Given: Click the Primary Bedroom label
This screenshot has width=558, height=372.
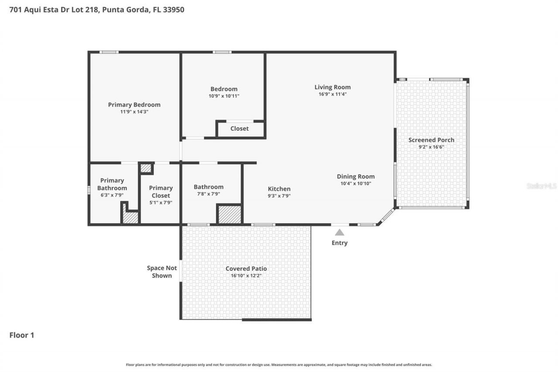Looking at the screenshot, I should pyautogui.click(x=134, y=105).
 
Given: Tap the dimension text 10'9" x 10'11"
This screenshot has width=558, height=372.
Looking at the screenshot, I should pyautogui.click(x=224, y=96).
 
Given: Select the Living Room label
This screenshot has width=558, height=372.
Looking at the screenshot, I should pyautogui.click(x=333, y=87).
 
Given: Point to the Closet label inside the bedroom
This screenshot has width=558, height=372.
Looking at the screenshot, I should pyautogui.click(x=239, y=129).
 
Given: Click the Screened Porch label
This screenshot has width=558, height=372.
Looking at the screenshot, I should pyautogui.click(x=431, y=140).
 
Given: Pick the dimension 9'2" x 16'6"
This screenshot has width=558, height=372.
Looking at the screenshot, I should pyautogui.click(x=431, y=147).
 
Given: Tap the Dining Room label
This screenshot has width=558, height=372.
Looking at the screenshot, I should pyautogui.click(x=356, y=177).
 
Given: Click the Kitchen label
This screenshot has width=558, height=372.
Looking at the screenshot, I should pyautogui.click(x=279, y=189).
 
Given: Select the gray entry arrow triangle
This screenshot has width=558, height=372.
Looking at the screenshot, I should pyautogui.click(x=340, y=232).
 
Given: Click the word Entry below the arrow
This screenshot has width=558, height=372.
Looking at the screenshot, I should pyautogui.click(x=340, y=243).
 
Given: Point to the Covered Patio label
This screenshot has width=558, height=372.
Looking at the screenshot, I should pyautogui.click(x=246, y=269).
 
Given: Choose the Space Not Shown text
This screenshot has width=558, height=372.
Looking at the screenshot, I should pyautogui.click(x=162, y=272).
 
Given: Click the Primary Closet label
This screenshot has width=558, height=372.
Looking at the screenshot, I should pyautogui.click(x=161, y=192).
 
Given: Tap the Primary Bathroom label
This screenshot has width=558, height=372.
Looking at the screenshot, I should pyautogui.click(x=112, y=184).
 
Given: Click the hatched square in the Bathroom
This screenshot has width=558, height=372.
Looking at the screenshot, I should pyautogui.click(x=229, y=215).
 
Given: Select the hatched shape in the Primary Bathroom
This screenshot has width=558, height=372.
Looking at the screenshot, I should pyautogui.click(x=130, y=217).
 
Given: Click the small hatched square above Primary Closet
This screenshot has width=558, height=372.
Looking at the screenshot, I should pyautogui.click(x=146, y=168).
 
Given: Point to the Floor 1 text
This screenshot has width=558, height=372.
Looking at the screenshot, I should pyautogui.click(x=22, y=335).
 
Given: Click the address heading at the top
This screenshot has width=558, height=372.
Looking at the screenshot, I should pyautogui.click(x=97, y=9).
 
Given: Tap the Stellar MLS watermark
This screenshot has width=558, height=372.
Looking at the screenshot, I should pyautogui.click(x=541, y=186).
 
